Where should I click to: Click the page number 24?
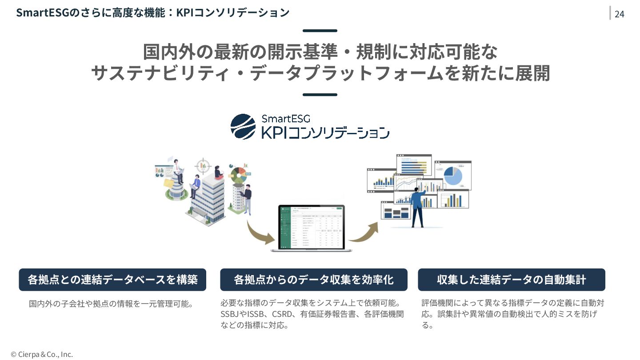pos(619,14)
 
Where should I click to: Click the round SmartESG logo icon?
pos(243,127)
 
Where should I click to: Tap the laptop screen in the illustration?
pos(311,227)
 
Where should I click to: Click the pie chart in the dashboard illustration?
pos(453,175)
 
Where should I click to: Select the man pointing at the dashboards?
pos(418,207)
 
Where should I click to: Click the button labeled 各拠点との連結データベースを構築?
pos(112,280)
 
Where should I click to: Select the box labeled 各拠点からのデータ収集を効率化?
pos(313,280)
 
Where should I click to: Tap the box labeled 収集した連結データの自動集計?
pos(511,280)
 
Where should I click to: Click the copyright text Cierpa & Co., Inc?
pos(42,354)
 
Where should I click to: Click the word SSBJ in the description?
pos(230,314)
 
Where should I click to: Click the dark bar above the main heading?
pos(320,31)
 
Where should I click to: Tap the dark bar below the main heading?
pos(320,95)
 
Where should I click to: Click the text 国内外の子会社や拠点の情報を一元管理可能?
pos(111,304)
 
